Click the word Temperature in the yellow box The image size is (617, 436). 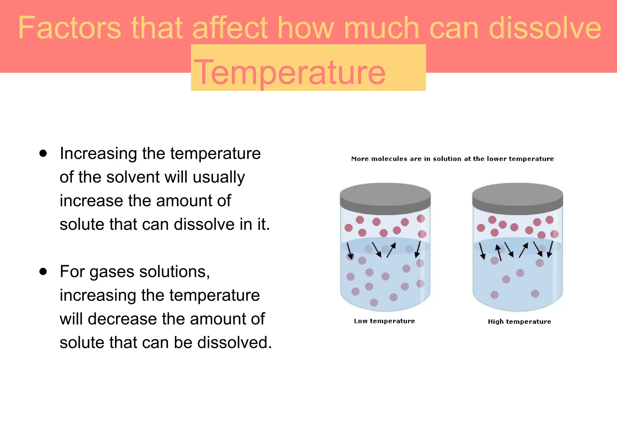[289, 72]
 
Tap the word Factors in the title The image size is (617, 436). [69, 28]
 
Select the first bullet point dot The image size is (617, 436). [43, 153]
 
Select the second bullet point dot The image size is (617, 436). [43, 271]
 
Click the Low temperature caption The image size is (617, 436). [384, 321]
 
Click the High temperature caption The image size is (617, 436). [519, 322]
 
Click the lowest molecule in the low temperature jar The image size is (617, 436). [374, 302]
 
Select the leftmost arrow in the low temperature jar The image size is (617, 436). [349, 251]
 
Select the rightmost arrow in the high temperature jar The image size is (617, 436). [550, 249]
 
